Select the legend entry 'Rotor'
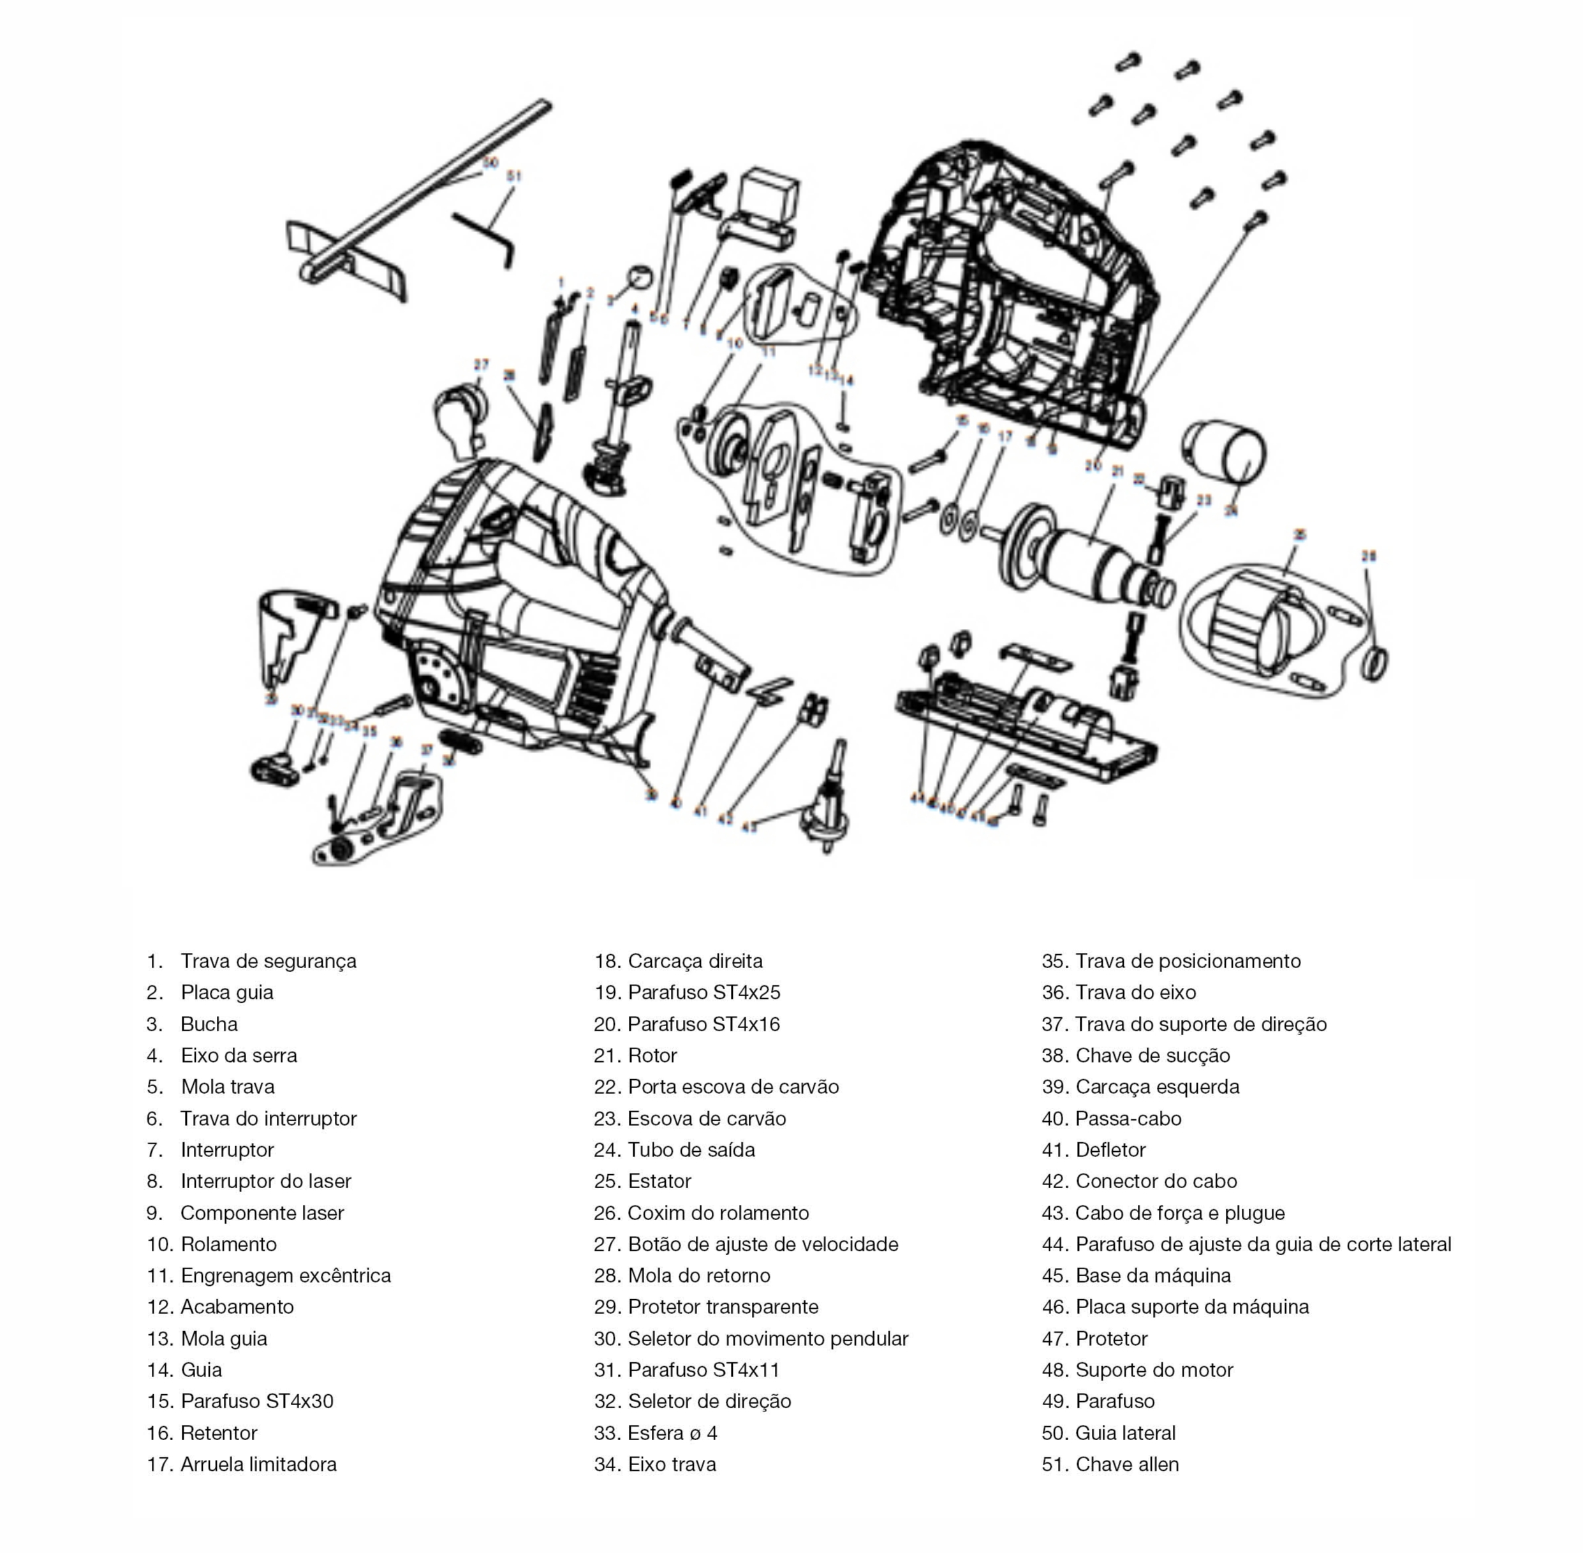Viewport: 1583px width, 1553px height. pyautogui.click(x=652, y=1056)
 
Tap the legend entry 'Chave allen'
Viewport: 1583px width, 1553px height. pyautogui.click(x=1127, y=1464)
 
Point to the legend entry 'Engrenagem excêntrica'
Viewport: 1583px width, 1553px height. pyautogui.click(x=286, y=1276)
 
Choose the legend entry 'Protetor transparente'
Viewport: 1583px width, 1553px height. pyautogui.click(x=723, y=1307)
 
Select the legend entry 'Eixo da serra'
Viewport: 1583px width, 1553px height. pyautogui.click(x=239, y=1056)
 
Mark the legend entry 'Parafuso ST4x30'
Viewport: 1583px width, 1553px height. pyautogui.click(x=257, y=1401)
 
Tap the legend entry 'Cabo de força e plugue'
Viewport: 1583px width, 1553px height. pyautogui.click(x=1180, y=1213)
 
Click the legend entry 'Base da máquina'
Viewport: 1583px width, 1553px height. pyautogui.click(x=1153, y=1276)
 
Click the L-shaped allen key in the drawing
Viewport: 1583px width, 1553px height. pyautogui.click(x=485, y=237)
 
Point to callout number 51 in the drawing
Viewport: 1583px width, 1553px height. pyautogui.click(x=514, y=175)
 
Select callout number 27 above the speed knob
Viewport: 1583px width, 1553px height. pyautogui.click(x=482, y=365)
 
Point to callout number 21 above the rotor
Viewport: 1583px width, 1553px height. pyautogui.click(x=1117, y=471)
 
